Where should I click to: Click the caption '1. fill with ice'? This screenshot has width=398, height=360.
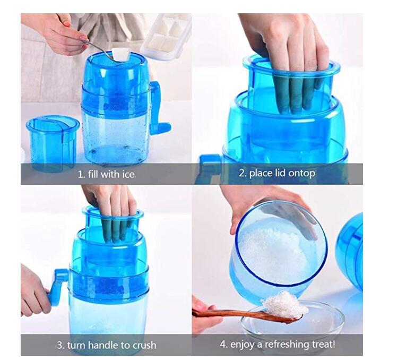[x=106, y=174]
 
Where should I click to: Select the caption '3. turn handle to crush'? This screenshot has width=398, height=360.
[x=106, y=345]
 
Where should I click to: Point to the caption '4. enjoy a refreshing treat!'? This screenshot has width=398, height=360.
[x=278, y=345]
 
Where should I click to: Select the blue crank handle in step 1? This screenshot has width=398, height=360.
[x=159, y=109]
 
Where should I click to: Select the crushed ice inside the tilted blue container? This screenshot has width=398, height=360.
[x=271, y=250]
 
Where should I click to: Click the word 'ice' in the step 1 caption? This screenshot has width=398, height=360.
[x=127, y=174]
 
